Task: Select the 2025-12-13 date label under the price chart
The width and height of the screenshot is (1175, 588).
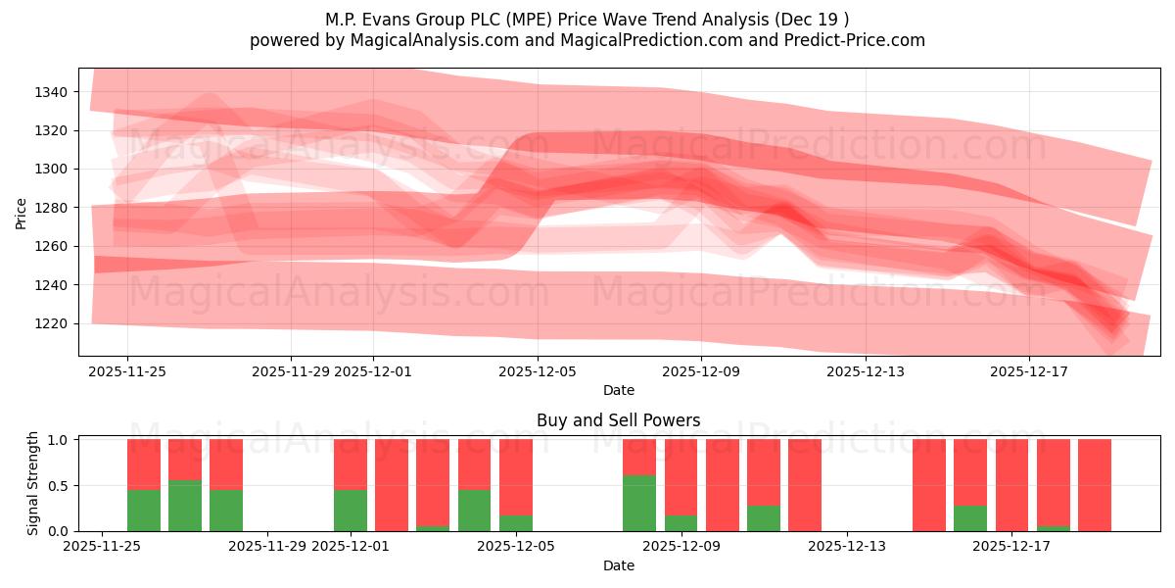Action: point(865,371)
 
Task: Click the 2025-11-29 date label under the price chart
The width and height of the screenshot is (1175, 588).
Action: point(291,371)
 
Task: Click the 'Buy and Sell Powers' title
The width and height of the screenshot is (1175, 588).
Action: point(618,420)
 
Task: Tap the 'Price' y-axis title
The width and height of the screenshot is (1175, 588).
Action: point(22,213)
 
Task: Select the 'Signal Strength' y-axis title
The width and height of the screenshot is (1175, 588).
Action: point(33,483)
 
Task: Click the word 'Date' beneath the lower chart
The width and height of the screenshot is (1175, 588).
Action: point(618,565)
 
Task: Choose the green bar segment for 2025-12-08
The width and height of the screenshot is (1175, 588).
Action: point(639,503)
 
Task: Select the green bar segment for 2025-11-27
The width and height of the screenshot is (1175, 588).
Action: point(185,506)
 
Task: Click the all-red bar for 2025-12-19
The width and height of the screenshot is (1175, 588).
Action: point(1095,485)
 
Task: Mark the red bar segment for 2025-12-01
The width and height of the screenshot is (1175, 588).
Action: point(351,464)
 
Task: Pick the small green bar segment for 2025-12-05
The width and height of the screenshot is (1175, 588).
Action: point(516,523)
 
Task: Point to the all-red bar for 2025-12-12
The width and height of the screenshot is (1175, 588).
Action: point(805,485)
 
